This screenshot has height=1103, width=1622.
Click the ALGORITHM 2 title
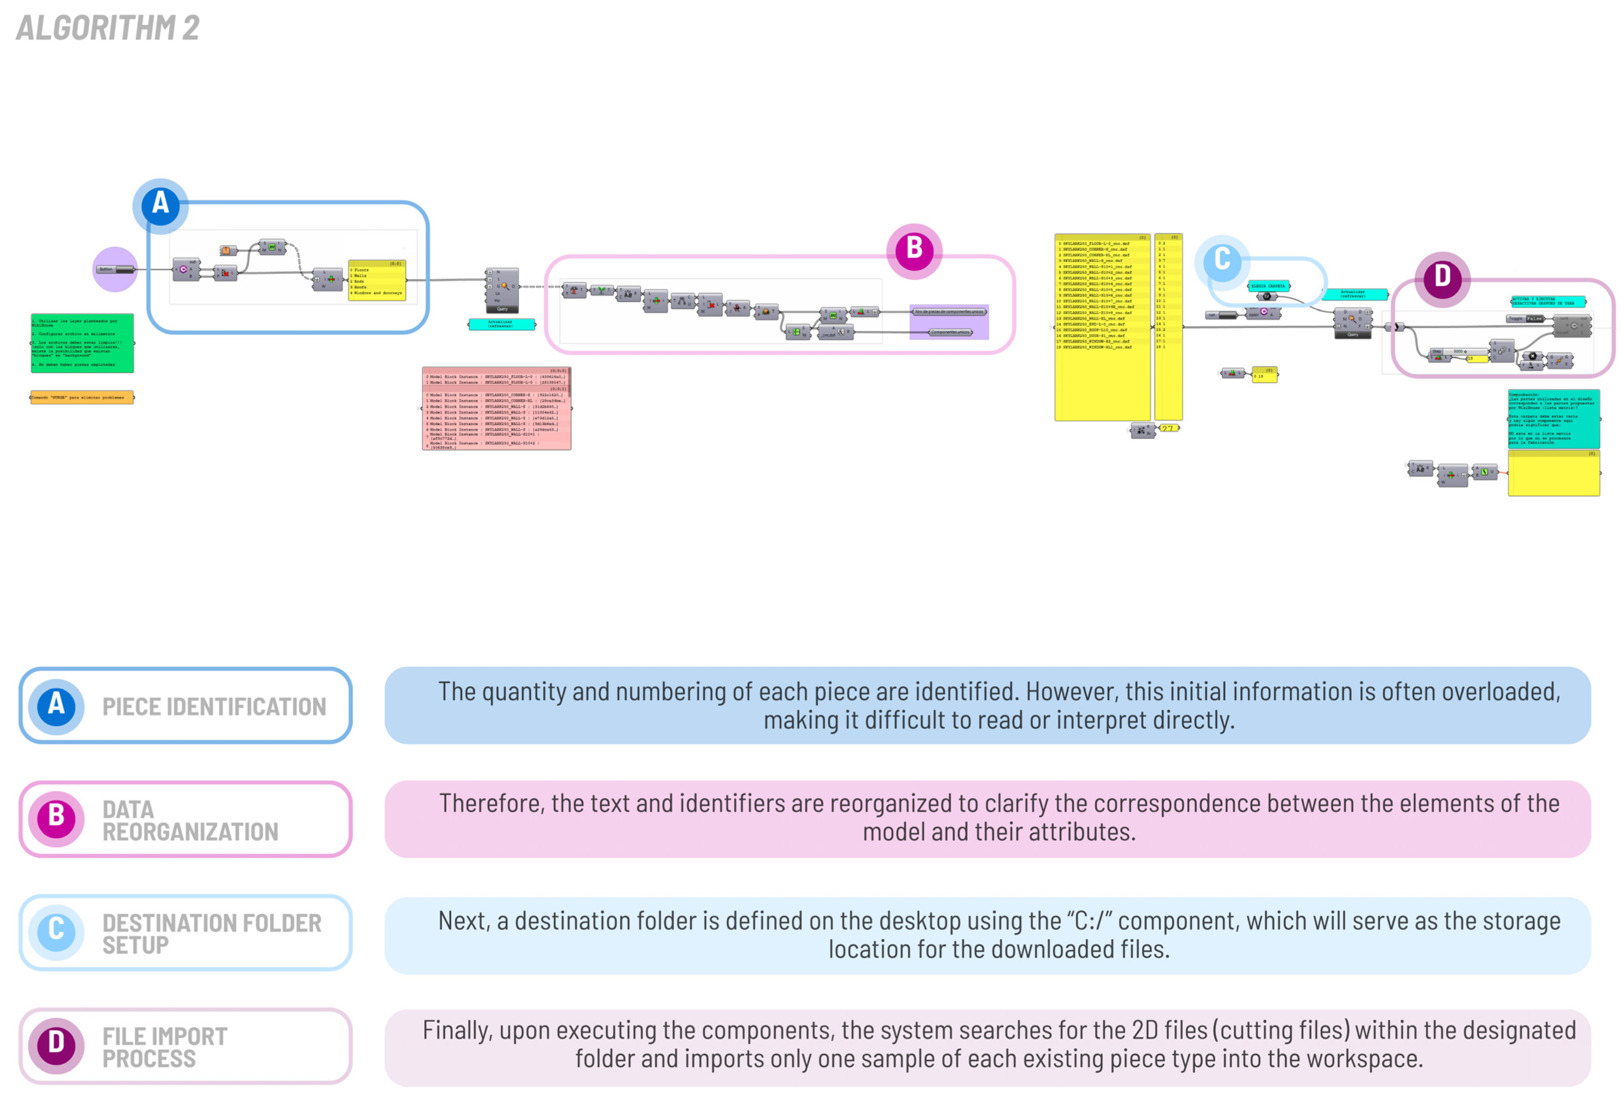[x=108, y=28]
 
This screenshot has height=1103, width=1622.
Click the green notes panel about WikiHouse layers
[x=82, y=343]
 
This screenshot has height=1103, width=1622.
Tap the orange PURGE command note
[x=82, y=397]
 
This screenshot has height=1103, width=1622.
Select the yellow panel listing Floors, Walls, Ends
[x=377, y=281]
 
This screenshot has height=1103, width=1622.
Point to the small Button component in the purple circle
[x=115, y=270]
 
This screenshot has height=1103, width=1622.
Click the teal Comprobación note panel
[x=1554, y=419]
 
